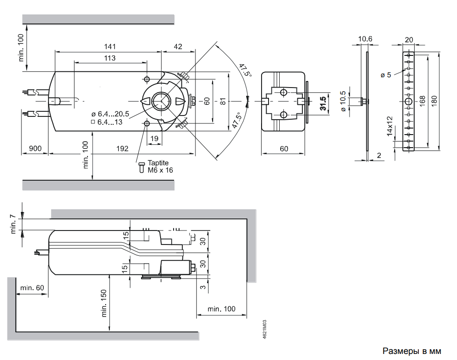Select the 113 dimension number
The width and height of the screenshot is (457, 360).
[110, 58]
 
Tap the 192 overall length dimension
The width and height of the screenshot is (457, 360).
[122, 149]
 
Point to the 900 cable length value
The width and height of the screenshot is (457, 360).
[35, 149]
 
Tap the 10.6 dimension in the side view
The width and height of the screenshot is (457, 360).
[365, 39]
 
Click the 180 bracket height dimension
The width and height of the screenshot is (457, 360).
[435, 101]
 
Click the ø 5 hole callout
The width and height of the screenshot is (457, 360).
[386, 75]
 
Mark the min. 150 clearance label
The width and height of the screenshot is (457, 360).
[104, 303]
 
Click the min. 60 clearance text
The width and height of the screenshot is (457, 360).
[32, 288]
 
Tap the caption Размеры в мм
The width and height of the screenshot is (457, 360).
[412, 351]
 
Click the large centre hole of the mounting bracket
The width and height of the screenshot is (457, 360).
[409, 102]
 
